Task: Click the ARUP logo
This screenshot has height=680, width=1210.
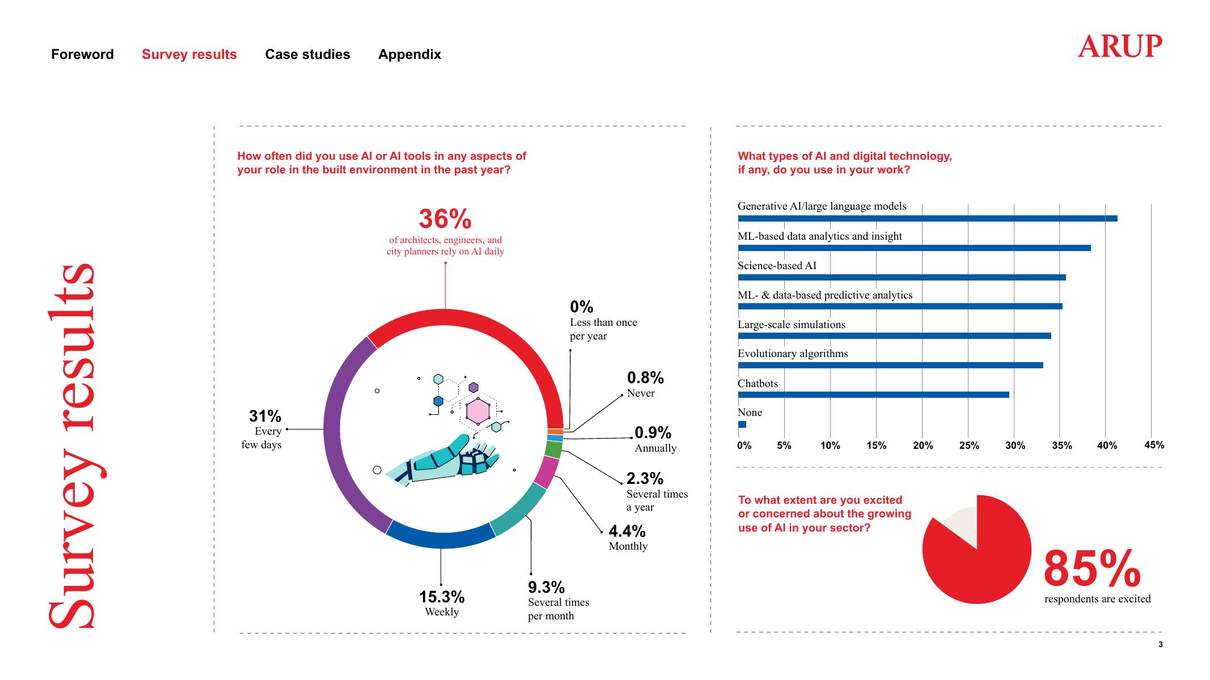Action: click(1119, 46)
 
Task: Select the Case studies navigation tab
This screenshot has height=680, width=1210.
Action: click(307, 54)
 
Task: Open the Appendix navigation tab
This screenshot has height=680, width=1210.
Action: click(409, 54)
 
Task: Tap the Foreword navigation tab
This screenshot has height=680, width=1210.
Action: click(82, 54)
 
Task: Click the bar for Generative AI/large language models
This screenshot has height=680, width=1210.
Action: click(927, 218)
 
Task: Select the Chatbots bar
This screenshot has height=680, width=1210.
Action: click(873, 394)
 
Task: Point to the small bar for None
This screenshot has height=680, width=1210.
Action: click(742, 424)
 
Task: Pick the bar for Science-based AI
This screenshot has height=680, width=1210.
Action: click(902, 277)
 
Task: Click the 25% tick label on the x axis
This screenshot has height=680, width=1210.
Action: click(969, 445)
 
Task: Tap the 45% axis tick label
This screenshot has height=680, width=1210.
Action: click(1154, 445)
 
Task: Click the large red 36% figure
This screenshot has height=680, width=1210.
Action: click(445, 219)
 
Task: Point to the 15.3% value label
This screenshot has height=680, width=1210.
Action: click(442, 597)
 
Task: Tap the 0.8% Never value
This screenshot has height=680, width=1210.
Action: click(645, 377)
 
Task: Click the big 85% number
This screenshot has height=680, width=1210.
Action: click(1092, 569)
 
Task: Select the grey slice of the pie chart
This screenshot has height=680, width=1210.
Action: click(961, 521)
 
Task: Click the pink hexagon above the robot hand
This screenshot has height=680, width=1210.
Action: click(478, 411)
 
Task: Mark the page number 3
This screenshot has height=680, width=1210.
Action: click(1160, 644)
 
